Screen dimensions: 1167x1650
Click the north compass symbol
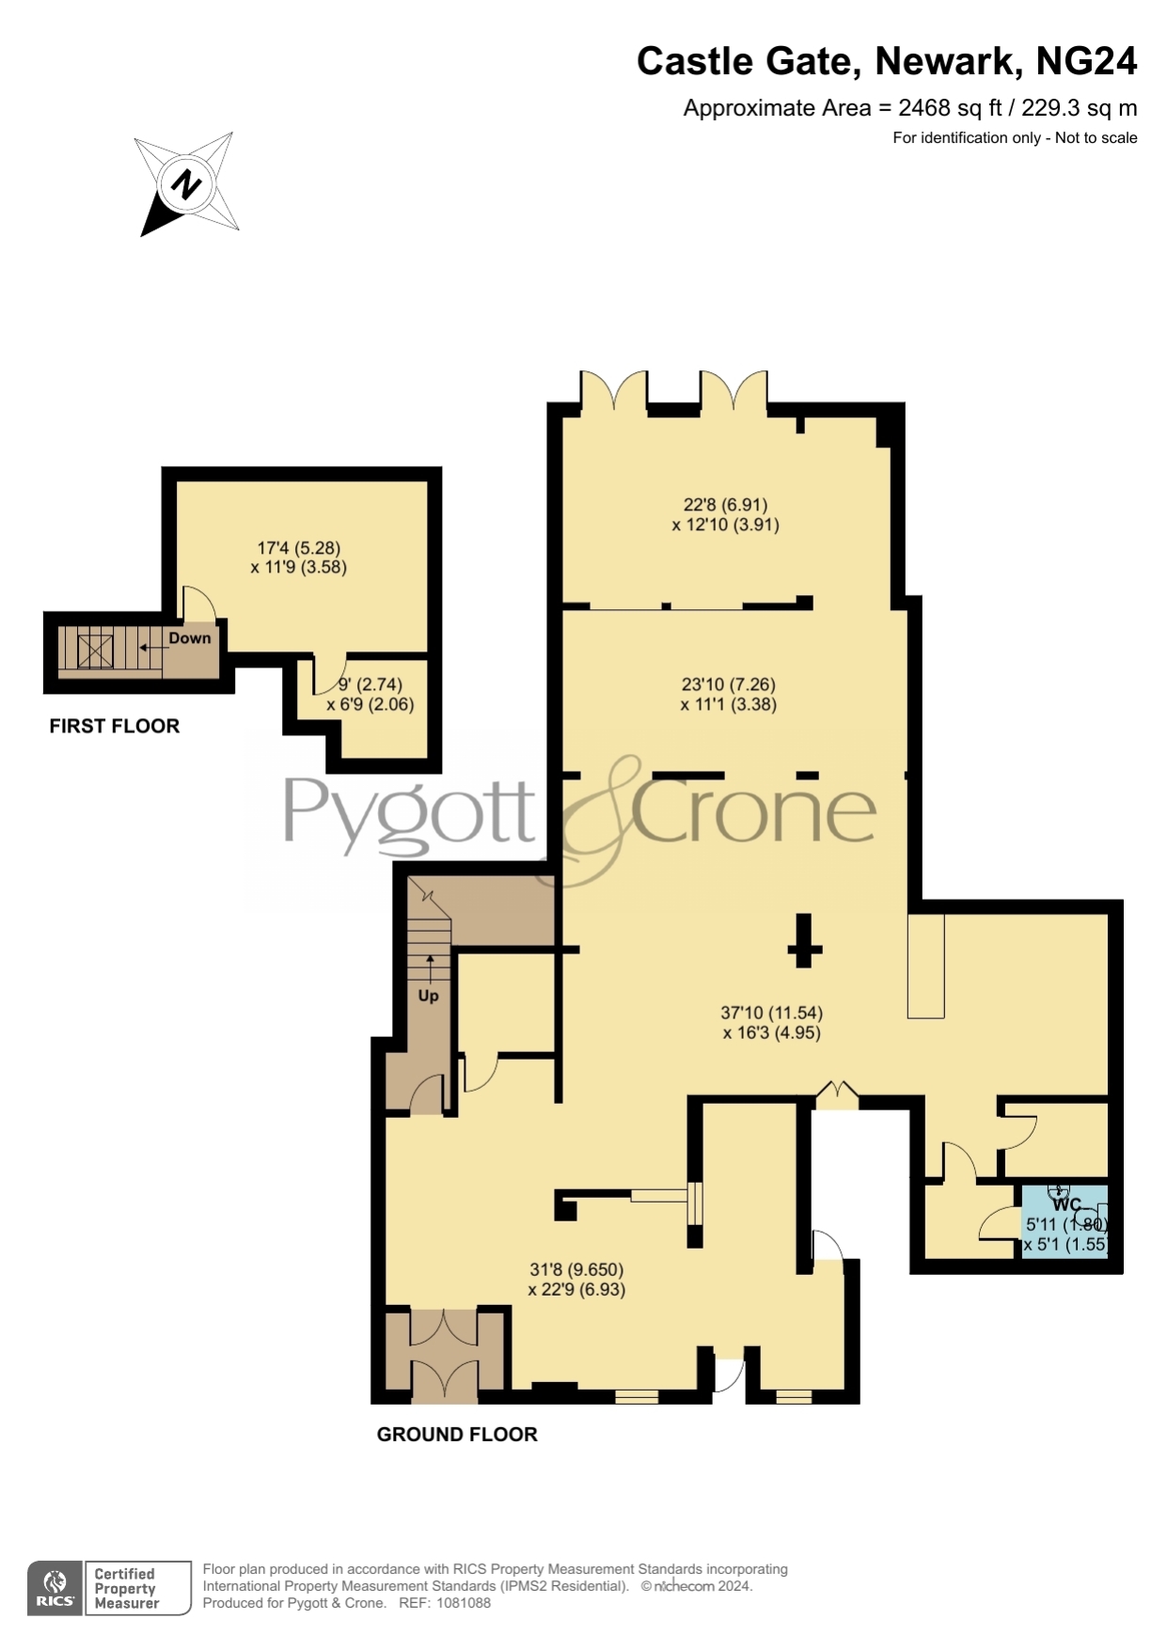[186, 183]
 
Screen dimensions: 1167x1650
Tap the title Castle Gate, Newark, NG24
[887, 62]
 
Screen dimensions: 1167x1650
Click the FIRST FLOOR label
[115, 726]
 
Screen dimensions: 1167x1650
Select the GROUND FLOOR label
[457, 1434]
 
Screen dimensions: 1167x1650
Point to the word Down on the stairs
[190, 638]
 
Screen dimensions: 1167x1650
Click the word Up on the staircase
[428, 996]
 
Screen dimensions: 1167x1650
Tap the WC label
[1067, 1204]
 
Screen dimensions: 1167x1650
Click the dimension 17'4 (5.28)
[299, 547]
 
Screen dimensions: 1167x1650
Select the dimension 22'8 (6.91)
[726, 505]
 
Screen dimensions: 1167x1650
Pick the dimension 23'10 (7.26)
[729, 684]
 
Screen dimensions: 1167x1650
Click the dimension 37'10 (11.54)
[772, 1013]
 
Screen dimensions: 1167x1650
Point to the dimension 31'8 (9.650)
[576, 1270]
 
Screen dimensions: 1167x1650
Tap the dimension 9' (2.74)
[371, 684]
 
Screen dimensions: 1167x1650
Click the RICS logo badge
[55, 1588]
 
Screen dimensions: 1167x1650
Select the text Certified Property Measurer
[127, 1588]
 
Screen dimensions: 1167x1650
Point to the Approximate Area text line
[910, 108]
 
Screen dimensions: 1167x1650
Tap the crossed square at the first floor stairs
[96, 650]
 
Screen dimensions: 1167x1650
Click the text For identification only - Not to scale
[1016, 138]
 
